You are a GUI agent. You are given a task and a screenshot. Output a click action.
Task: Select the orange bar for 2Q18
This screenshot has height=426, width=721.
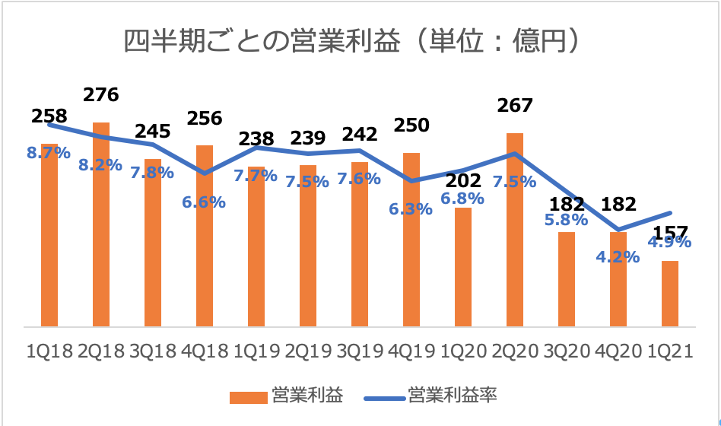point(101,224)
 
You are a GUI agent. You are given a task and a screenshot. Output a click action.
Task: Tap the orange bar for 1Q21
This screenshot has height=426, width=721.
point(670,294)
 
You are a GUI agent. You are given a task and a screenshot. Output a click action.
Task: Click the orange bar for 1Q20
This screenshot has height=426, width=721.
point(463,267)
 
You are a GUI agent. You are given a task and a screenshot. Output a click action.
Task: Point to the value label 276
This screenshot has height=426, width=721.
point(101,95)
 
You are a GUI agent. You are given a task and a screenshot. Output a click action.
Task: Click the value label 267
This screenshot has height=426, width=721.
point(515,105)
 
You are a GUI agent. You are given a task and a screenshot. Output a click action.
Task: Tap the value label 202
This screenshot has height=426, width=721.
point(463,181)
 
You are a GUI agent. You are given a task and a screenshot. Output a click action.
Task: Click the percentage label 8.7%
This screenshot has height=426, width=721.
point(49,153)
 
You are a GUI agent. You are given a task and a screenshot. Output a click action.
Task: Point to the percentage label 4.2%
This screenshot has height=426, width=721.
point(618,257)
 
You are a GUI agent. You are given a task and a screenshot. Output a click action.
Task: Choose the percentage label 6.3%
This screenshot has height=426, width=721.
point(411,208)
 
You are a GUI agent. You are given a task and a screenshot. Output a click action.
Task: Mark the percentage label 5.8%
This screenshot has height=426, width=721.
point(566,221)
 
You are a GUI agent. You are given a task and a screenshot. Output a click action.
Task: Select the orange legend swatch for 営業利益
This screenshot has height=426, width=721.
point(247,396)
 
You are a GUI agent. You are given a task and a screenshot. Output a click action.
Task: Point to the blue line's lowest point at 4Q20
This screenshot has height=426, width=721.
point(618,230)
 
